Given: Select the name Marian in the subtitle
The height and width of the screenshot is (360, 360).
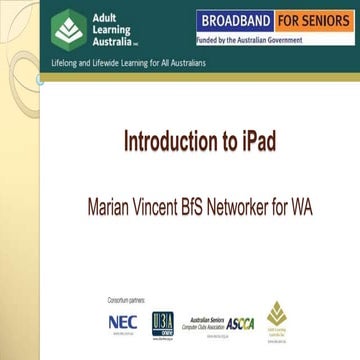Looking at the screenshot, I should point(115,211).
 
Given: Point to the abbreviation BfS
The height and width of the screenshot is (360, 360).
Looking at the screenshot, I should point(211,211).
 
